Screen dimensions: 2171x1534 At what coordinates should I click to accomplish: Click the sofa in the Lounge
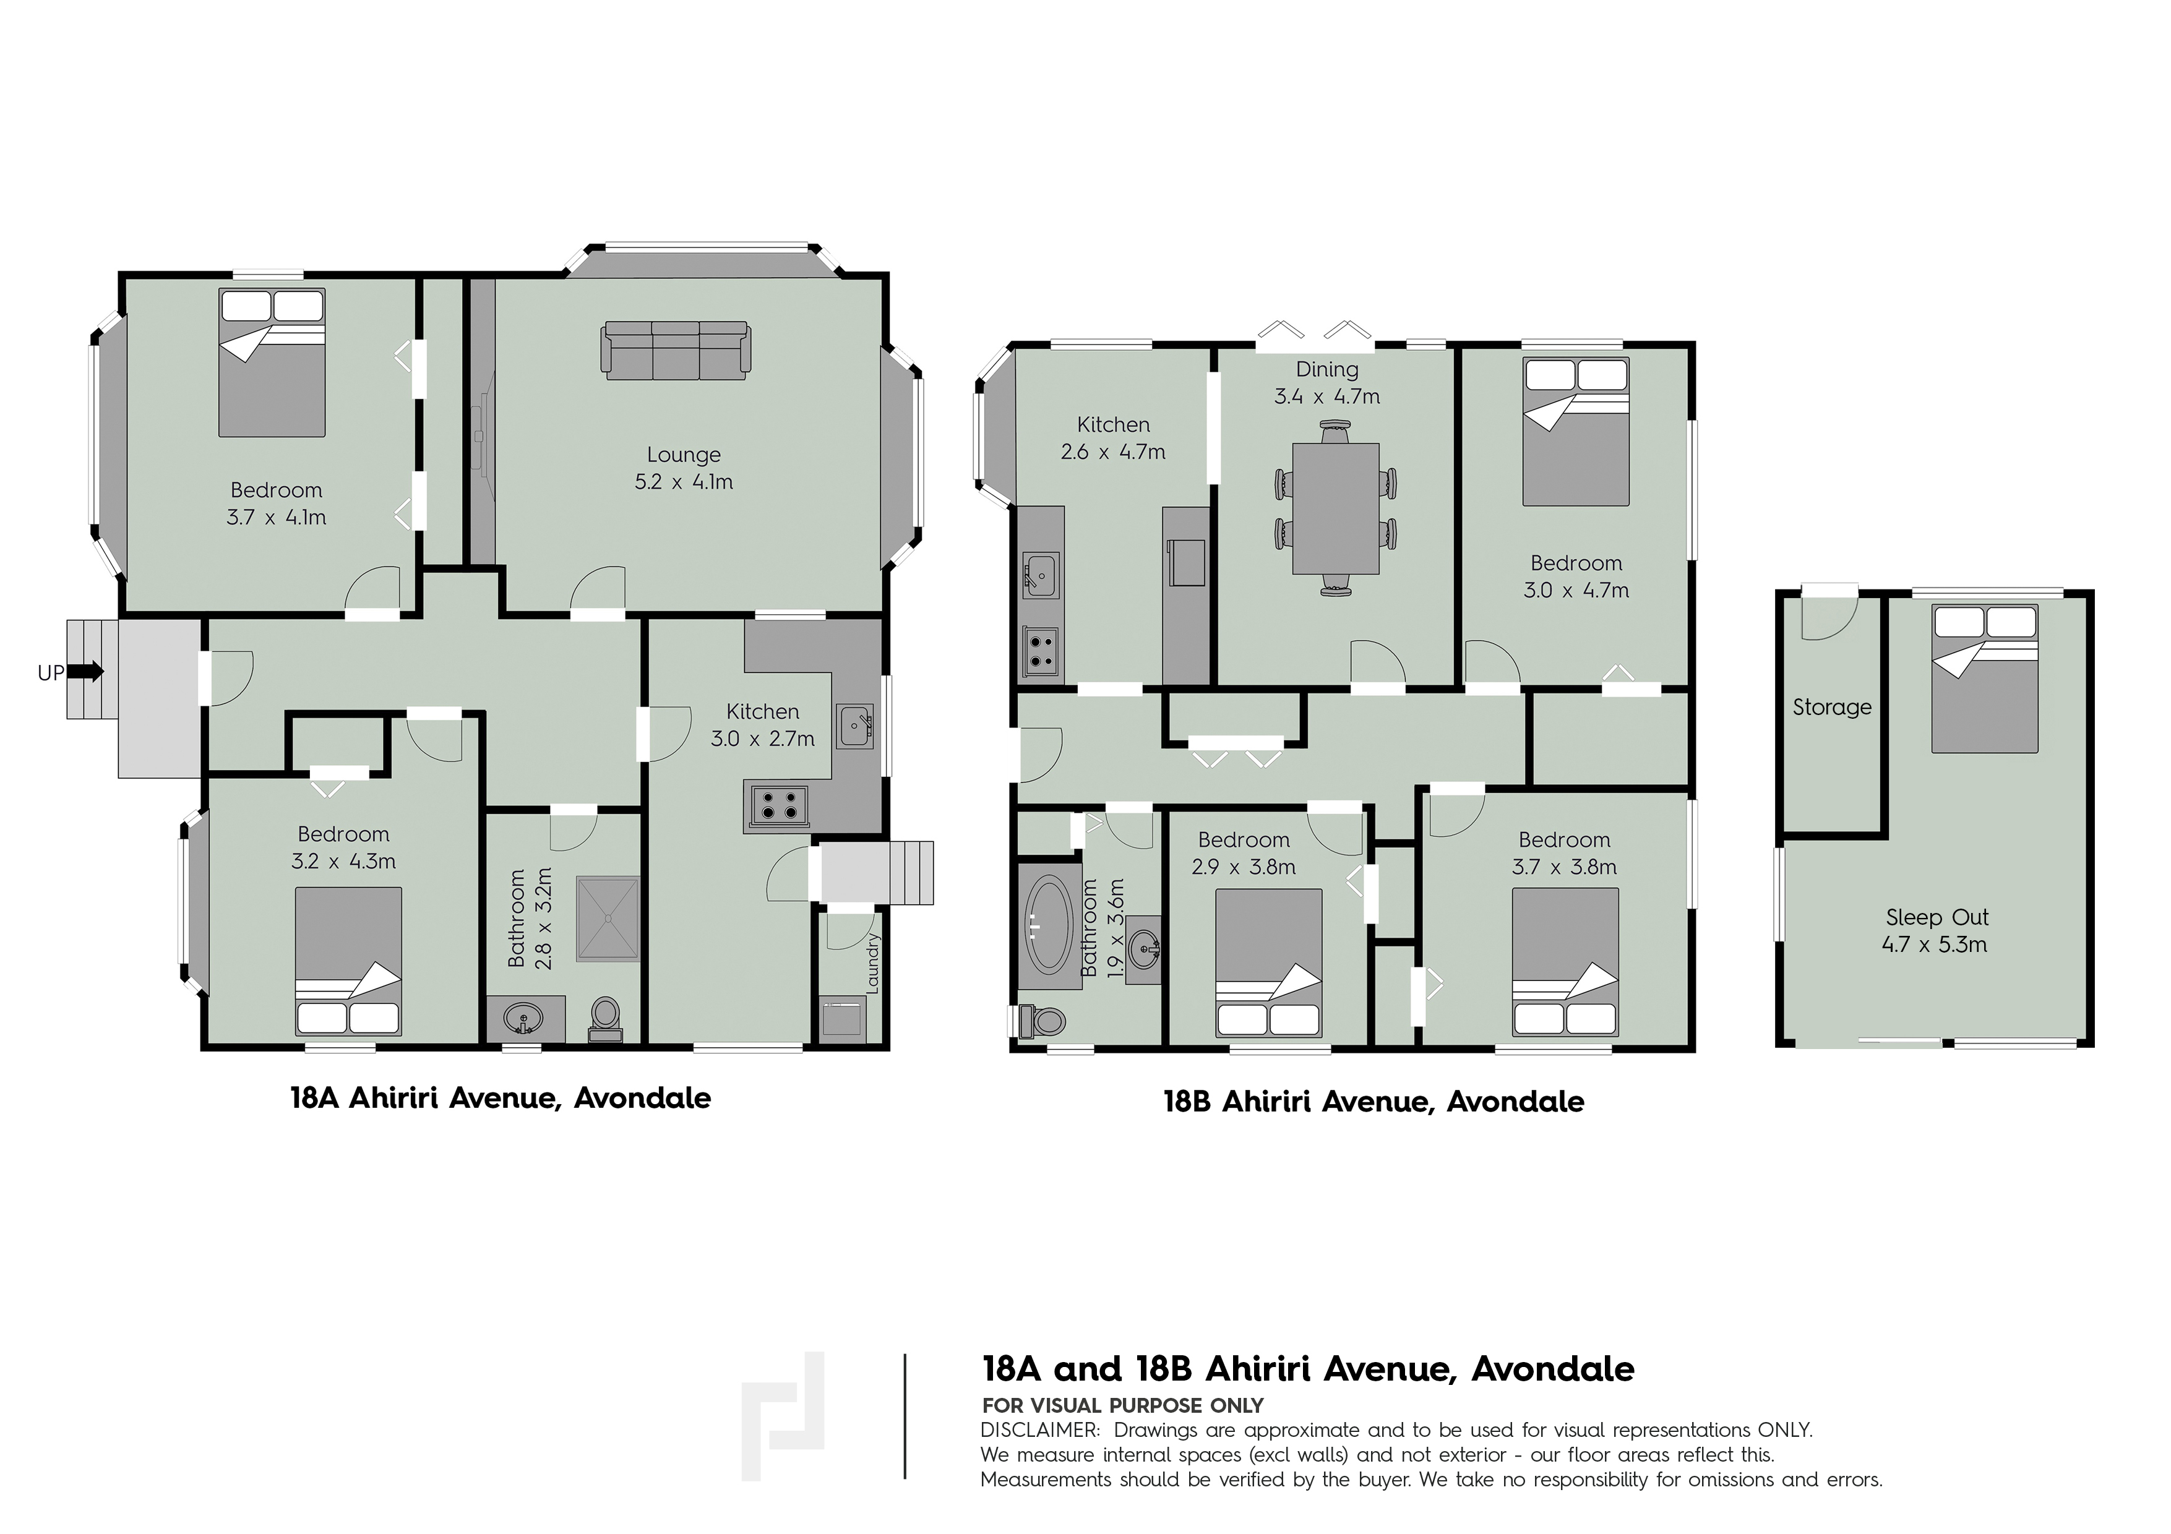click(x=676, y=351)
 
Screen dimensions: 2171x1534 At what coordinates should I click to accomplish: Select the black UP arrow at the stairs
click(x=86, y=672)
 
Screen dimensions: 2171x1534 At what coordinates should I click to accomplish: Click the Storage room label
click(x=1831, y=707)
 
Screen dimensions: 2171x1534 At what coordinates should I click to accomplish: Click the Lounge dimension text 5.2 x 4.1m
click(x=684, y=482)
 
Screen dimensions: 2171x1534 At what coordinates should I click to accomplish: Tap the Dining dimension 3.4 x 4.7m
click(x=1326, y=396)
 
